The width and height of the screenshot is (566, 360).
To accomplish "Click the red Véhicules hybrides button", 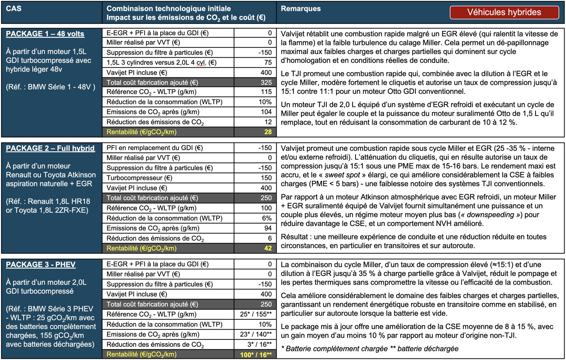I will pyautogui.click(x=504, y=12).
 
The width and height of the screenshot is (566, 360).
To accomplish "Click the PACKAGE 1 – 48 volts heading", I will pyautogui.click(x=45, y=34).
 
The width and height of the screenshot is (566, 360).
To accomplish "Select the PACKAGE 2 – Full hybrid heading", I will pyautogui.click(x=50, y=148).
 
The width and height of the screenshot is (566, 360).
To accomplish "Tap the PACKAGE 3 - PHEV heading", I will pyautogui.click(x=41, y=264).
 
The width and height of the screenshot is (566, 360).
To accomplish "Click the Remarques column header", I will pyautogui.click(x=301, y=9).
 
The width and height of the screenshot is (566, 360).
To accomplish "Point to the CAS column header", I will pyautogui.click(x=14, y=9).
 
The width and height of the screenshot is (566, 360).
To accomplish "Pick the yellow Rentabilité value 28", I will pyautogui.click(x=268, y=132).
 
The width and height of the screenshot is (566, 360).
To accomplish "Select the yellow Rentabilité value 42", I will pyautogui.click(x=268, y=248).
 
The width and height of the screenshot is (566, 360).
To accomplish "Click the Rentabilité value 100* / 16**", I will pyautogui.click(x=256, y=355).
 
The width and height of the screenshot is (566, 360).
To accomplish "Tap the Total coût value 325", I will pyautogui.click(x=266, y=82).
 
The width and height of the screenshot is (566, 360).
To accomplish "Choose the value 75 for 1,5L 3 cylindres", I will pyautogui.click(x=268, y=63).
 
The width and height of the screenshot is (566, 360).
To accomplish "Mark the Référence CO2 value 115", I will pyautogui.click(x=266, y=92).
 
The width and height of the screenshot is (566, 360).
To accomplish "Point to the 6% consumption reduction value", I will pyautogui.click(x=267, y=218).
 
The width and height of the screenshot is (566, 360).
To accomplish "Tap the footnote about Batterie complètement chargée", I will pyautogui.click(x=369, y=349).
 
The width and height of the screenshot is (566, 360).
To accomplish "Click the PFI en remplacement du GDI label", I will pyautogui.click(x=155, y=148).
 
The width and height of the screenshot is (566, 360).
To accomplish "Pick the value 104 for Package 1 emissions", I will pyautogui.click(x=266, y=112).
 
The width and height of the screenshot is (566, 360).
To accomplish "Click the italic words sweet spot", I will pyautogui.click(x=342, y=175).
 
